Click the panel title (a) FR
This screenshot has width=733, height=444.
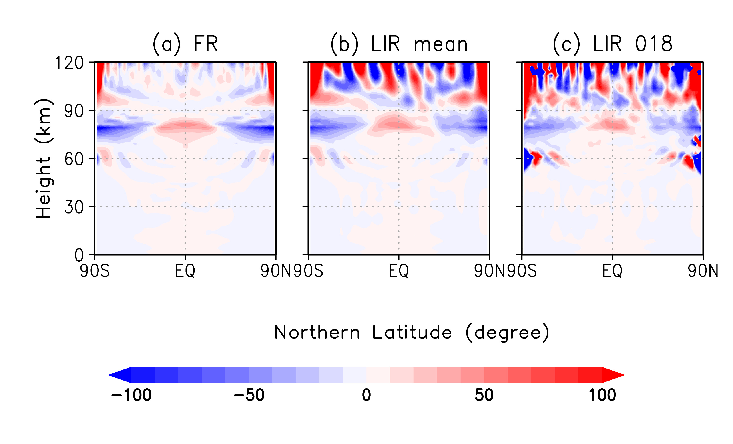pos(185,44)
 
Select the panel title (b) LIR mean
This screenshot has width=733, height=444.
pos(399,44)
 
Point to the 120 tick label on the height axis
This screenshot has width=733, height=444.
pos(69,63)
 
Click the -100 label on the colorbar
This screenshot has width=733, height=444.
pos(131,395)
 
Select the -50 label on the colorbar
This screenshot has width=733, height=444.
pos(249,395)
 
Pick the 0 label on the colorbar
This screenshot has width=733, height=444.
pos(366,395)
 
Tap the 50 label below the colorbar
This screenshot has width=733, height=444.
pos(484,395)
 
